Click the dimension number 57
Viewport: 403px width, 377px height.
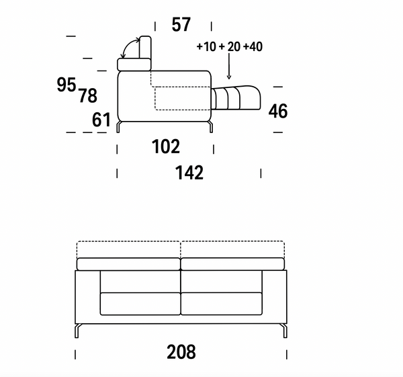coord(181,26)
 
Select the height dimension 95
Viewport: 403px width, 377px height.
coord(66,85)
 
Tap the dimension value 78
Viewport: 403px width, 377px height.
coord(88,96)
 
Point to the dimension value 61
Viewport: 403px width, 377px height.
coord(101,120)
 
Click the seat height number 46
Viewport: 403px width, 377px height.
coord(278,112)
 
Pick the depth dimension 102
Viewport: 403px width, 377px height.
coord(165,146)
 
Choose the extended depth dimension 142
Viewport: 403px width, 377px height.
coord(189,173)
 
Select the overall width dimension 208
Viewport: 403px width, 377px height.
coord(181,351)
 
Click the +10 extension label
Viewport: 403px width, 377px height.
coord(206,47)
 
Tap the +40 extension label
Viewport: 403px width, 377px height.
coord(253,47)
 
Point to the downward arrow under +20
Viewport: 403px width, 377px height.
coord(230,67)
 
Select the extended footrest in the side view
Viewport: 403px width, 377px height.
coord(237,97)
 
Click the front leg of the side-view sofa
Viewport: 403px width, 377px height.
coord(211,127)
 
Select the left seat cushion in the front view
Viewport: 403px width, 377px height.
coord(140,303)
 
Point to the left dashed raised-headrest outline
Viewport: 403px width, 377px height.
coord(128,249)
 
